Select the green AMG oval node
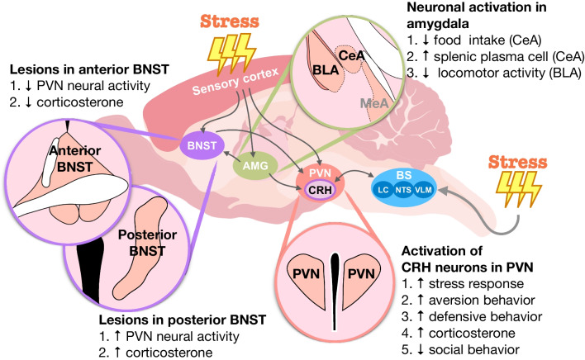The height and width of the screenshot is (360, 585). pyautogui.click(x=257, y=167)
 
